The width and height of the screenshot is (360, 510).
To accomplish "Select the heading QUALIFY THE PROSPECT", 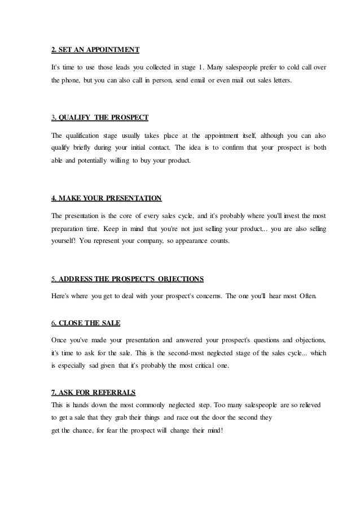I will click(x=100, y=117).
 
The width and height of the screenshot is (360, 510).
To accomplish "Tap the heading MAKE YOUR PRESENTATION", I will click(x=106, y=198).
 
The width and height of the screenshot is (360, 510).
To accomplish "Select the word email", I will click(x=198, y=81).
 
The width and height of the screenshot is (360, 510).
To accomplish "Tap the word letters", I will click(x=280, y=81).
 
